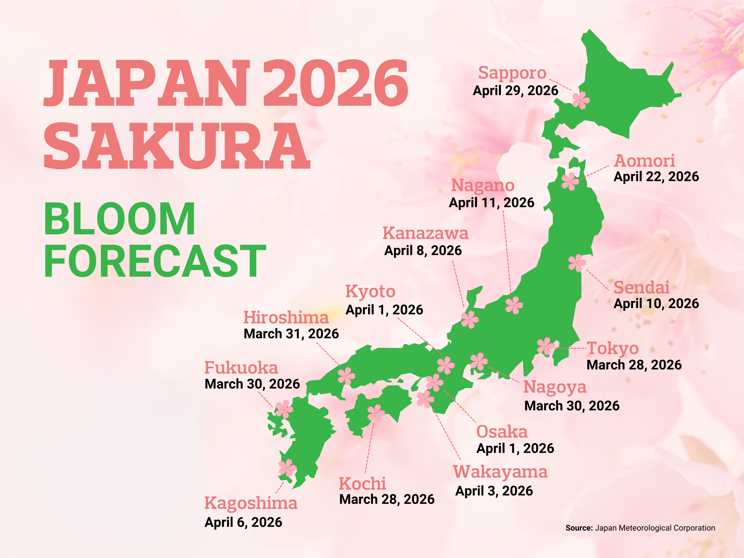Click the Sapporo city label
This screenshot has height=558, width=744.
(512, 73)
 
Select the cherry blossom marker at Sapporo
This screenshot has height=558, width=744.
(581, 100)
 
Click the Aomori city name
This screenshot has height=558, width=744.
(644, 161)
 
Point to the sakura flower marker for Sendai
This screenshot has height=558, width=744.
(577, 263)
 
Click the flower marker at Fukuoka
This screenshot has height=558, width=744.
(284, 409)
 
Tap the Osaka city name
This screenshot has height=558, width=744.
(502, 432)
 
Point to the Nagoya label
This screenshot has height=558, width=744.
(555, 387)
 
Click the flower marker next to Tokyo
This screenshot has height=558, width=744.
(545, 346)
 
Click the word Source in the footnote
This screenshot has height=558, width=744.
(578, 528)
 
